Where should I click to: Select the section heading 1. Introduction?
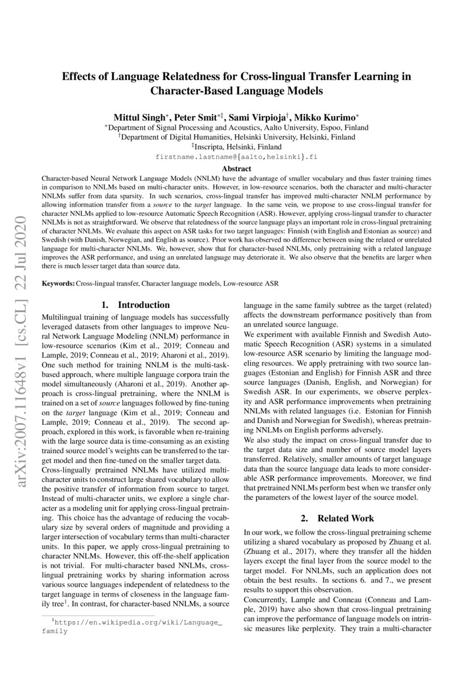[x=135, y=305]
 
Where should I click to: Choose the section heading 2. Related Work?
[x=337, y=518]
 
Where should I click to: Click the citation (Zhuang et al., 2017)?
[x=274, y=548]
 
